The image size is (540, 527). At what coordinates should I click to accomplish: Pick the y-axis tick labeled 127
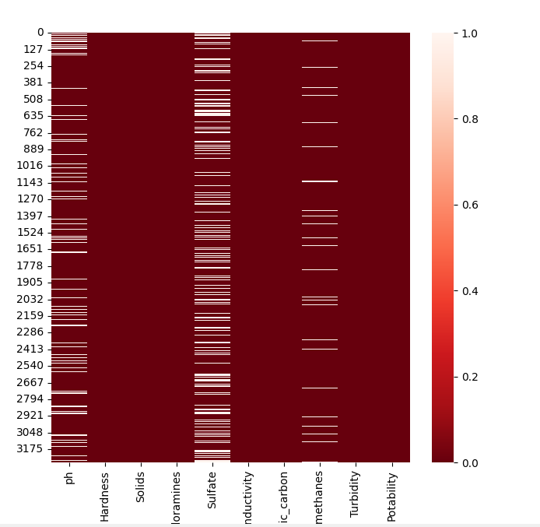pyautogui.click(x=33, y=49)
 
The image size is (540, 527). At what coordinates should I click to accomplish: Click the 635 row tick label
pyautogui.click(x=33, y=115)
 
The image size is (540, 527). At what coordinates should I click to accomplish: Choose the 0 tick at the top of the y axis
pyautogui.click(x=40, y=33)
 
